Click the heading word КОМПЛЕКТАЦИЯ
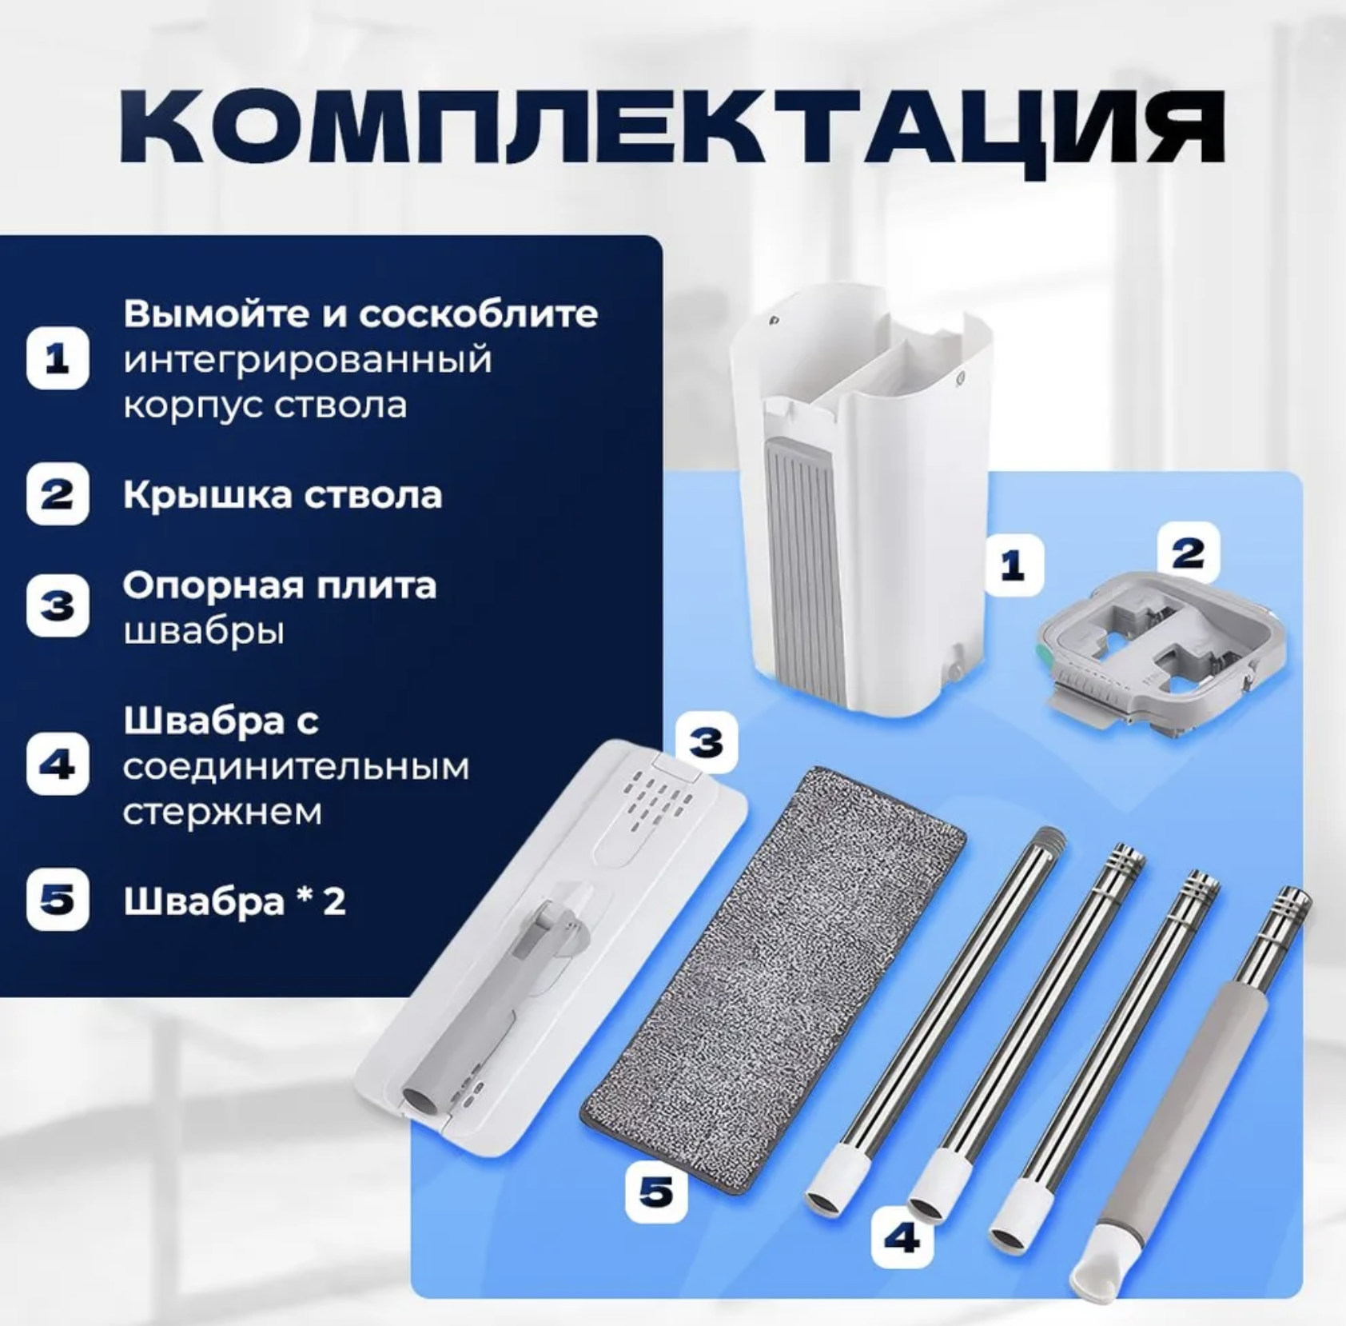click(x=672, y=127)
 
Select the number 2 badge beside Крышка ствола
click(x=58, y=494)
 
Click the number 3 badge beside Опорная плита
click(x=58, y=606)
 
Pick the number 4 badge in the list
click(x=58, y=765)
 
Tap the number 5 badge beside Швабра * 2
click(x=58, y=900)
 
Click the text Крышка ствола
click(x=282, y=495)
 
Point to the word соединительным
click(x=297, y=768)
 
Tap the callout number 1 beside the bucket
click(x=1013, y=566)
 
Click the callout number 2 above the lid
click(x=1189, y=553)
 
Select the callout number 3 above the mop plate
click(x=706, y=743)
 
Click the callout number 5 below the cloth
click(x=656, y=1192)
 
